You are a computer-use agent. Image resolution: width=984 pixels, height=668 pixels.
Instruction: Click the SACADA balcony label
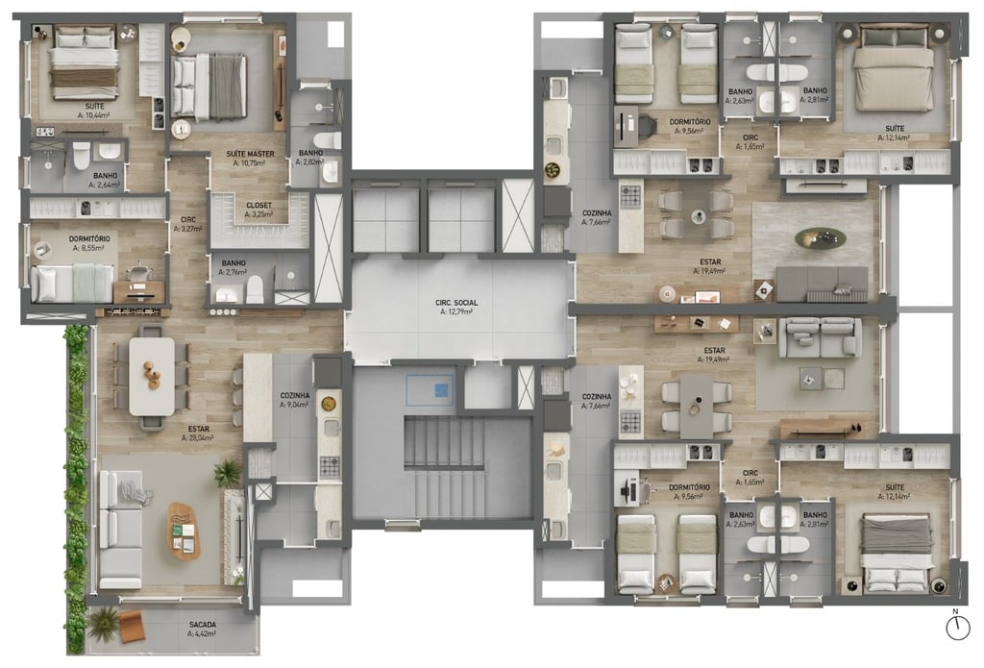tap(203, 624)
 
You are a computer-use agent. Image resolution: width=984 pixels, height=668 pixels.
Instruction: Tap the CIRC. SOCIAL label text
tap(456, 303)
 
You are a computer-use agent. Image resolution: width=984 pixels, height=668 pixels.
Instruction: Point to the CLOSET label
tap(258, 205)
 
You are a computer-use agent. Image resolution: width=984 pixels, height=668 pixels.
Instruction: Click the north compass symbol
tap(957, 628)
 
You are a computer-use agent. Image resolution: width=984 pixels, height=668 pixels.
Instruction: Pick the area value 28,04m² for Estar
tap(197, 437)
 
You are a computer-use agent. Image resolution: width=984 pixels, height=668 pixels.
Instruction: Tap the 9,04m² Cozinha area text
tap(295, 405)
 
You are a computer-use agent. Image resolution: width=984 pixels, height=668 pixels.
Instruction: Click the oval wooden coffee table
tap(184, 530)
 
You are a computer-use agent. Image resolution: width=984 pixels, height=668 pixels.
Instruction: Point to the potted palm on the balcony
tap(104, 622)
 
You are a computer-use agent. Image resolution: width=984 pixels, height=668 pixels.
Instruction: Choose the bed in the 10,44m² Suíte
tap(85, 62)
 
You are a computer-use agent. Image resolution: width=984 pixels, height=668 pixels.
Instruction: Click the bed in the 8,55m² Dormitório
tap(71, 283)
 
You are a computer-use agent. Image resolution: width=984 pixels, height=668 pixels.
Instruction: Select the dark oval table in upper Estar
tap(821, 237)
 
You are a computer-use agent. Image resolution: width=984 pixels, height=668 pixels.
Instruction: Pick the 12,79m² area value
tap(456, 311)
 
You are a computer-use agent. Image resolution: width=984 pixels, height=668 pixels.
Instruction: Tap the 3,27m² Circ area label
tap(187, 229)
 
